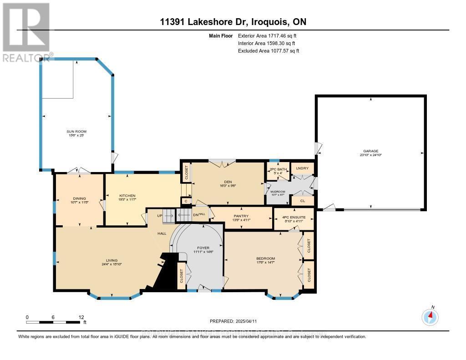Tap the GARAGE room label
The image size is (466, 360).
coord(370,151)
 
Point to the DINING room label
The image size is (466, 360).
coord(79,198)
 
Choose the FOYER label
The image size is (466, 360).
coord(201,248)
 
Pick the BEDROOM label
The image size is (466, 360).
coord(265,259)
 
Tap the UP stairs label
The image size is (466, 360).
coord(159,216)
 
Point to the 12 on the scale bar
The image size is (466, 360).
coord(81,317)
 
